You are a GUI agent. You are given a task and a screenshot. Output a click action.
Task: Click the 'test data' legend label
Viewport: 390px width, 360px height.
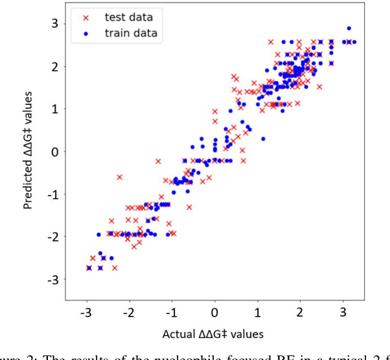[133, 17]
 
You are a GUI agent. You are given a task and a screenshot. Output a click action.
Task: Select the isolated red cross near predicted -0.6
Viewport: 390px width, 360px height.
[119, 177]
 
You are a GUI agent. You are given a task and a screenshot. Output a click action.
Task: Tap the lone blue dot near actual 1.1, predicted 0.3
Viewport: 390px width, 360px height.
[263, 139]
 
